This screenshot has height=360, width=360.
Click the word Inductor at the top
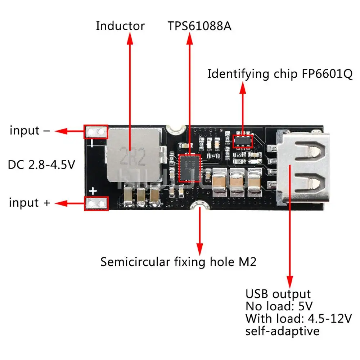[120, 26]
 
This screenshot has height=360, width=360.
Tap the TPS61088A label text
[199, 26]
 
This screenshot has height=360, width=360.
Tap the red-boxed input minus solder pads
[96, 132]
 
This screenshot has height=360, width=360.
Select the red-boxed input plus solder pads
[96, 203]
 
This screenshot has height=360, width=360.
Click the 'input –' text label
[30, 130]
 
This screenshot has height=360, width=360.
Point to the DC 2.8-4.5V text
[41, 165]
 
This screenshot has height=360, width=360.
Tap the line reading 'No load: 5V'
[279, 306]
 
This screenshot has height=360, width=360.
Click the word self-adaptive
[282, 330]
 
